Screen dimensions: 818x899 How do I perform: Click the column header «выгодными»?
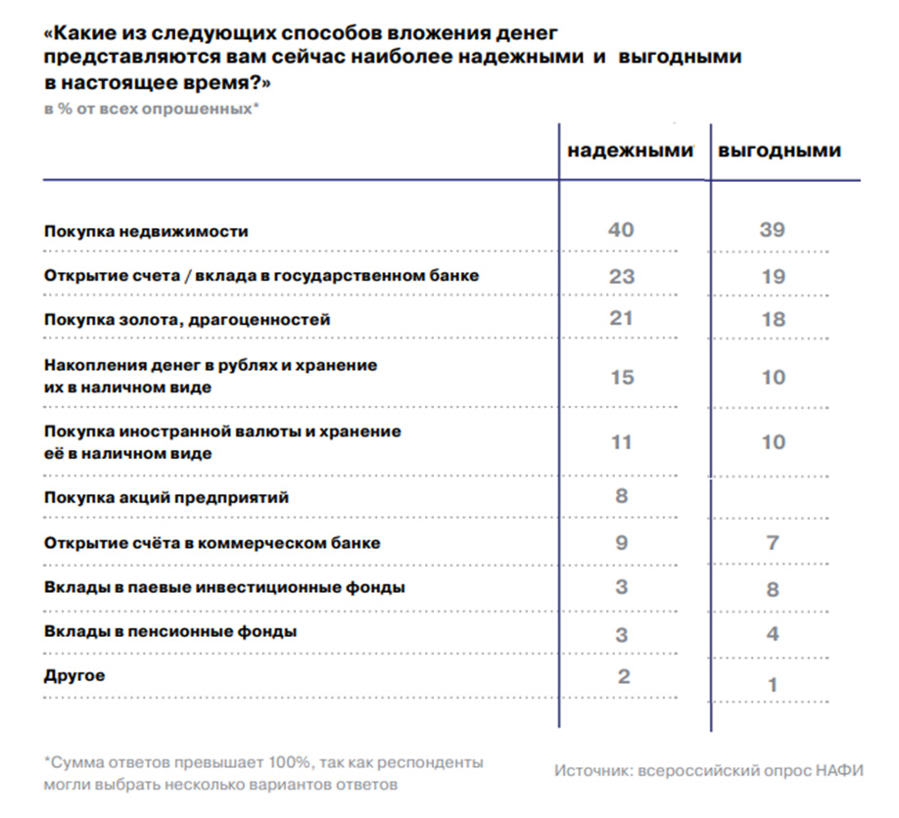click(780, 152)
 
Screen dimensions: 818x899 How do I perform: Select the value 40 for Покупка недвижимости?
click(621, 230)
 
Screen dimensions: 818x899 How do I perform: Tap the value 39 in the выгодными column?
click(772, 231)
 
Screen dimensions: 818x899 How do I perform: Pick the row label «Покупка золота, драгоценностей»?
click(188, 320)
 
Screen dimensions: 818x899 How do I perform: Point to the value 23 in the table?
click(622, 276)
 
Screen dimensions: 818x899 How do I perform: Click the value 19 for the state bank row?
click(773, 277)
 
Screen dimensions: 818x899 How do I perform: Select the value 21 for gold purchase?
click(621, 318)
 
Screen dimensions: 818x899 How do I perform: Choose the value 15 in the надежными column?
click(622, 376)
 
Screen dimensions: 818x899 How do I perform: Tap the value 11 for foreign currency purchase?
click(621, 441)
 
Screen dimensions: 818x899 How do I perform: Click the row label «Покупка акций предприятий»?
click(166, 497)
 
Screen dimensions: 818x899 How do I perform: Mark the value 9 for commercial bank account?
click(621, 541)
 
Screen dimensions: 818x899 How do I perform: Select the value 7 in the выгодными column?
click(773, 542)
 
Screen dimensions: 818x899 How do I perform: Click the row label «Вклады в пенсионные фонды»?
click(170, 631)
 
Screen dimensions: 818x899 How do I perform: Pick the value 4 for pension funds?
click(773, 634)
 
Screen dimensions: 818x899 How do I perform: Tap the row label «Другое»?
click(74, 676)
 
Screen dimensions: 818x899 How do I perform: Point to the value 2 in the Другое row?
click(622, 676)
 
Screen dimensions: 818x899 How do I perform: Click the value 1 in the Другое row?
click(773, 685)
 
